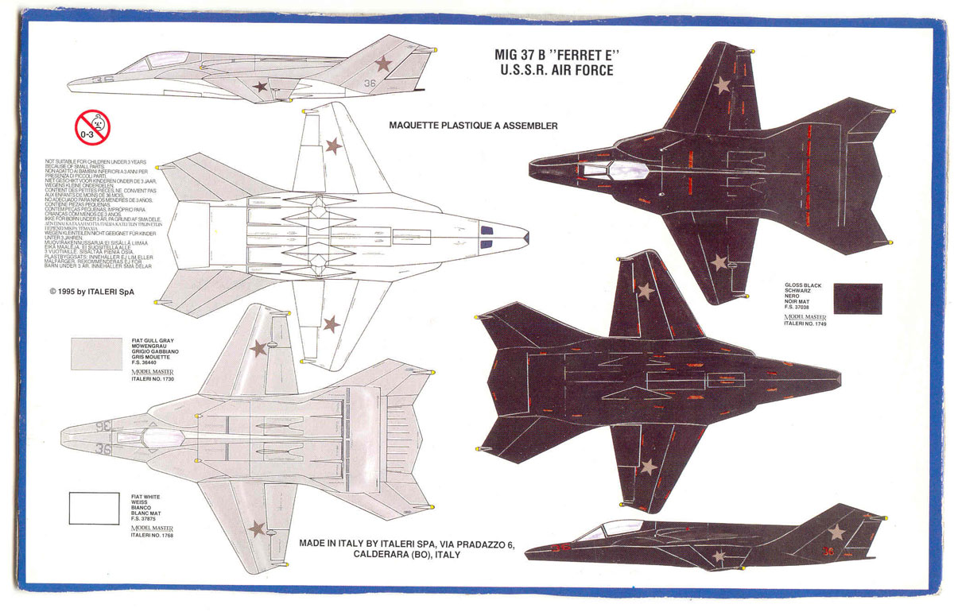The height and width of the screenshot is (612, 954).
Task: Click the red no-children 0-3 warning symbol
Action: pos(92,127)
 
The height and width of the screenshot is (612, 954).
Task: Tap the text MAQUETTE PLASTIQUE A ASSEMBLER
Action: pos(473,125)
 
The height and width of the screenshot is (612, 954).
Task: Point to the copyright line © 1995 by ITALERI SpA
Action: pos(91,292)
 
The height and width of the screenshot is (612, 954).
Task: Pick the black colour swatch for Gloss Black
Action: pos(858,298)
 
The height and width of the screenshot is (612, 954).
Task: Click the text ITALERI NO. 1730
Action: pos(152,378)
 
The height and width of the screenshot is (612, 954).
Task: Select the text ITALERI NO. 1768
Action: pos(152,536)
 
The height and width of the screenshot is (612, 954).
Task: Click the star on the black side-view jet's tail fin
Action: pos(836,532)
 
